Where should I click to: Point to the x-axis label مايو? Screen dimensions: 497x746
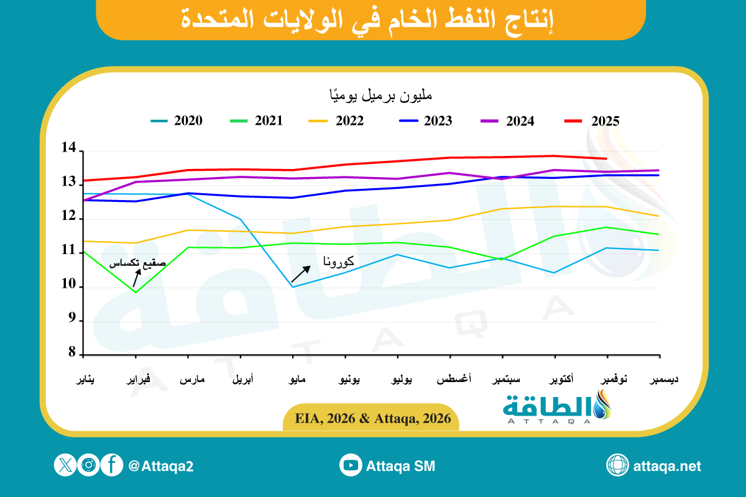292,379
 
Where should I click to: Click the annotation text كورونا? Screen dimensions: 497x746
339,262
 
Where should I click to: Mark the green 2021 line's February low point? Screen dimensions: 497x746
136,292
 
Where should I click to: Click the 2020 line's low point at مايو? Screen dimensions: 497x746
292,286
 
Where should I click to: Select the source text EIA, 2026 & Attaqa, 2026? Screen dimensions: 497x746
372,418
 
